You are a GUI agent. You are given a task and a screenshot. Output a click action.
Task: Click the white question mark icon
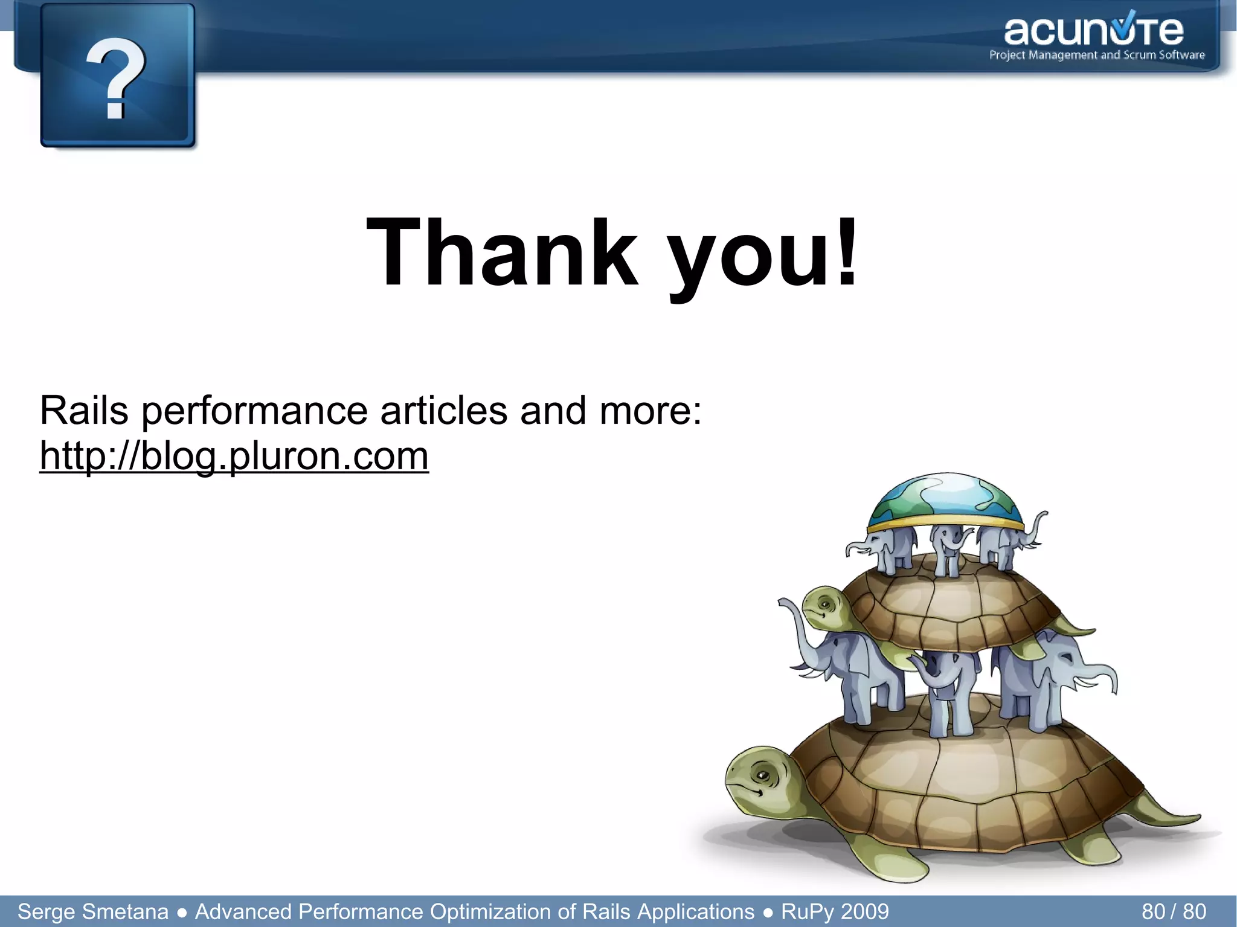116,77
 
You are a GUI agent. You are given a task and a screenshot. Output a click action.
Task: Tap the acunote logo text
1093,31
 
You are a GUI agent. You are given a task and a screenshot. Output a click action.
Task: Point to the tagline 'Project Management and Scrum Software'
1097,55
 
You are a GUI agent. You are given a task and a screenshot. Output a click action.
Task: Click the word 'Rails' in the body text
84,411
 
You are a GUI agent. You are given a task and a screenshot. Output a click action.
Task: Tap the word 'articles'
444,411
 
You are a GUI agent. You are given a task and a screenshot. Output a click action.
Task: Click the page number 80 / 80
1174,911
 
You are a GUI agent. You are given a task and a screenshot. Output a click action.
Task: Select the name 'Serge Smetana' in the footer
93,911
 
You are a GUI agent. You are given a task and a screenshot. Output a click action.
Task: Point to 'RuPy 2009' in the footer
835,911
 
